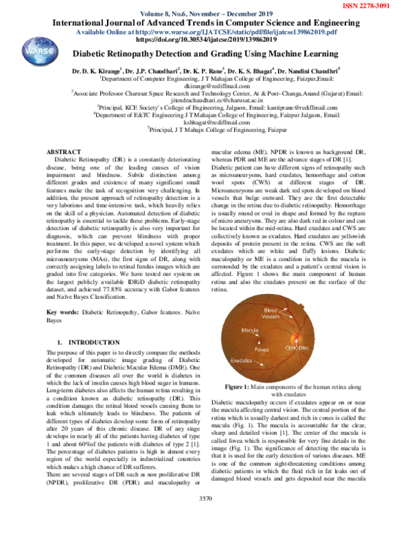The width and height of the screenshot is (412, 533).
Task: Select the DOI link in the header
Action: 205,40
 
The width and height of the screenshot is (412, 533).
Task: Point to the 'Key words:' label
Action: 64,311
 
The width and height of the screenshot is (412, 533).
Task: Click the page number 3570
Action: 205,517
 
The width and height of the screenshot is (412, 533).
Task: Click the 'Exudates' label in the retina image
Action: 241,360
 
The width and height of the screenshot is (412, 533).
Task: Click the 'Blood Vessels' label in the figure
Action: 273,314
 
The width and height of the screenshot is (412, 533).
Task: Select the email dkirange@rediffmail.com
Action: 205,86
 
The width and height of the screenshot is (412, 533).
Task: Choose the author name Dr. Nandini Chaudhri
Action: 310,70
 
